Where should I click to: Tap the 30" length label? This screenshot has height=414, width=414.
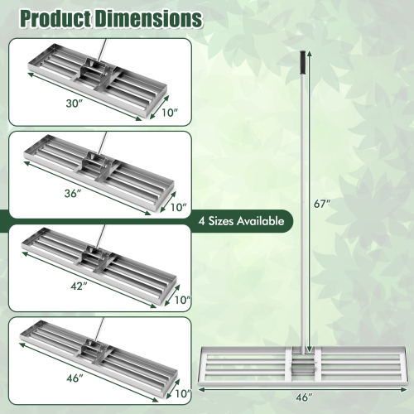[x=75, y=104]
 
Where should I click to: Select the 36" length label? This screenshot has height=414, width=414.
[x=75, y=193]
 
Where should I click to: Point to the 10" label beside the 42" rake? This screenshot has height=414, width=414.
[x=183, y=299]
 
